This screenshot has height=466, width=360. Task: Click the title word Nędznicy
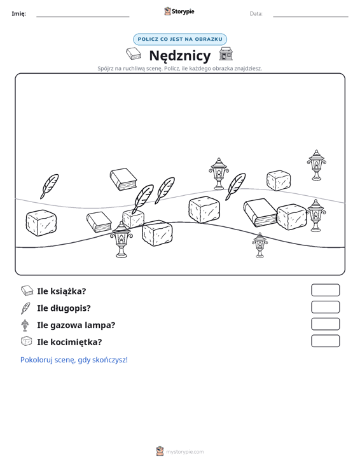[x=180, y=55]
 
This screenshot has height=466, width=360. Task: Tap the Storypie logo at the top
[x=179, y=11]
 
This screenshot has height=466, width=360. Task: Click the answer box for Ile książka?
[x=325, y=290]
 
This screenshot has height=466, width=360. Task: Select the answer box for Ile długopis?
[x=325, y=307]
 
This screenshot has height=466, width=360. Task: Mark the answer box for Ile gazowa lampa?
[x=325, y=324]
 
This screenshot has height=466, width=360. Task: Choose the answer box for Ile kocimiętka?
[x=325, y=341]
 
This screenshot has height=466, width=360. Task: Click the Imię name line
[x=83, y=17]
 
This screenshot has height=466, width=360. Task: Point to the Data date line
[x=310, y=17]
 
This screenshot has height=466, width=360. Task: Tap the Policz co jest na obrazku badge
[x=180, y=39]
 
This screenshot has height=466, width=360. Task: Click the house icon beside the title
[x=226, y=54]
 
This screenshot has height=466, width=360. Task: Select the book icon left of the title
[x=134, y=54]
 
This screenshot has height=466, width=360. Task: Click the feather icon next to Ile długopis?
[x=25, y=308]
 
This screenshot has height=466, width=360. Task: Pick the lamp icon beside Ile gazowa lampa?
[x=25, y=325]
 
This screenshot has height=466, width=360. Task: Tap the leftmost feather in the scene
[x=50, y=186]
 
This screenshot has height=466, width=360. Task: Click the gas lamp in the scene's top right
[x=316, y=165]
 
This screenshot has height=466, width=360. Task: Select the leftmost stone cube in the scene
[x=41, y=223]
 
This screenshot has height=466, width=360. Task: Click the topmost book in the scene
[x=123, y=179]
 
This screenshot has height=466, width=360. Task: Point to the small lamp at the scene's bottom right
[x=260, y=245]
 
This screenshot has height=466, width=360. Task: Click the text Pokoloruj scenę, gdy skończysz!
[x=74, y=360]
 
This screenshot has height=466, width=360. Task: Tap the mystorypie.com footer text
[x=185, y=452]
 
